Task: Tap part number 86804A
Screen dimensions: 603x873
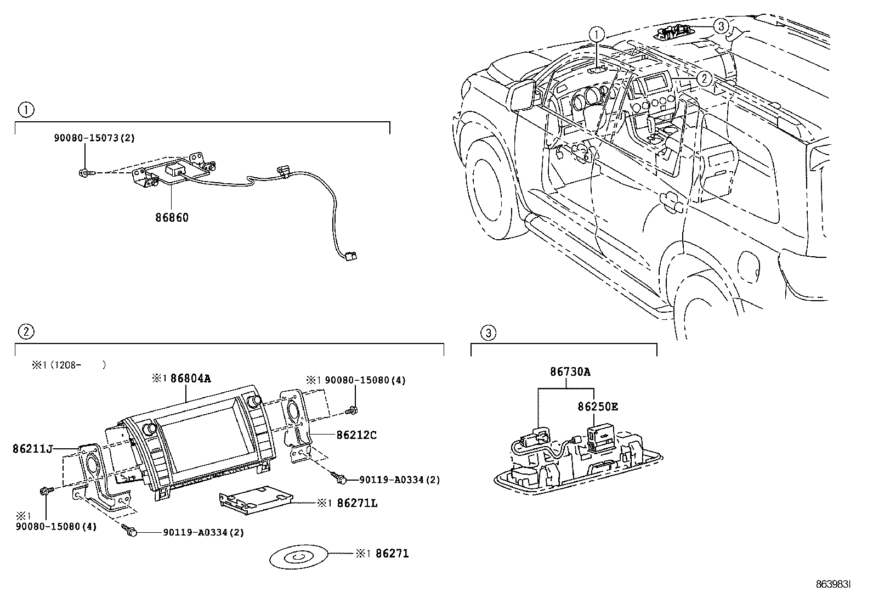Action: pos(190,378)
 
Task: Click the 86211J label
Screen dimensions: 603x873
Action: pos(32,449)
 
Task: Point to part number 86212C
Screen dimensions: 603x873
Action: pos(356,435)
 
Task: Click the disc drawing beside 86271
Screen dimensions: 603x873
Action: pos(297,557)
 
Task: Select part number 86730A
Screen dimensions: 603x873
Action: pos(570,371)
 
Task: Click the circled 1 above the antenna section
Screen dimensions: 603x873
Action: pos(26,110)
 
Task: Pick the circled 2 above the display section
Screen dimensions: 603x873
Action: pos(26,331)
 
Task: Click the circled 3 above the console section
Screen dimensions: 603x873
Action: pos(488,332)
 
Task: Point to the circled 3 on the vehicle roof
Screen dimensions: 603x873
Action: pos(722,25)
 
